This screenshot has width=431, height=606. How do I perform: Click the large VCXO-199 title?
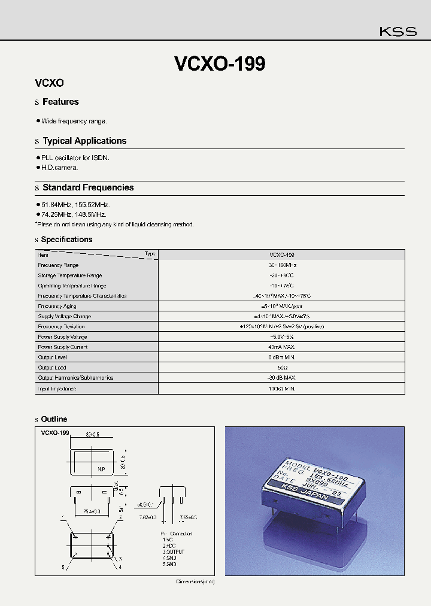219,64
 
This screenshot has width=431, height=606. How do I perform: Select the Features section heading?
60,102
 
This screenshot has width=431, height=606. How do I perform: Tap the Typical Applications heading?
84,141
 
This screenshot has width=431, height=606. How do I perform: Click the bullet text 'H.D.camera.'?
60,168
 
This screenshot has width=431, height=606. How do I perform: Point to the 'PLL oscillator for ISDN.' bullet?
75,157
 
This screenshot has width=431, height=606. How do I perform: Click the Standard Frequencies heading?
88,187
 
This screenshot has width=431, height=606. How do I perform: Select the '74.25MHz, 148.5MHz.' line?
74,214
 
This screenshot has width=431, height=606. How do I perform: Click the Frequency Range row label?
58,265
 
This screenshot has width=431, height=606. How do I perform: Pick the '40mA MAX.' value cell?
281,347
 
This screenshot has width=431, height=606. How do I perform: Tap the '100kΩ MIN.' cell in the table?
281,389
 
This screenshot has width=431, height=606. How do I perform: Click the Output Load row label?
52,368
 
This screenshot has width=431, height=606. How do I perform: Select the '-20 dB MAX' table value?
281,378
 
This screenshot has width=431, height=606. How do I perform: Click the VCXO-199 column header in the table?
281,254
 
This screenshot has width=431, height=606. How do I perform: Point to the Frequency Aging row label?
58,306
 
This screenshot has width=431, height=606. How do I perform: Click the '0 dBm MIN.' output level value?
281,357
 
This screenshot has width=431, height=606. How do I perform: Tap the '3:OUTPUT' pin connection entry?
173,552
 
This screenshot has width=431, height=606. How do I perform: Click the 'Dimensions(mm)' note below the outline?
195,581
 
